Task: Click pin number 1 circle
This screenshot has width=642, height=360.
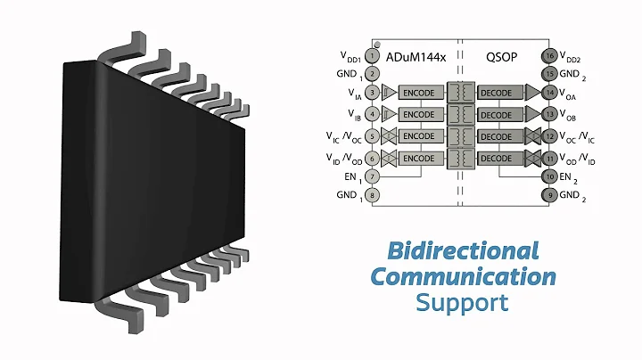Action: coord(373,56)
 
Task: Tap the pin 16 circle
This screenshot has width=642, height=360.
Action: coord(551,56)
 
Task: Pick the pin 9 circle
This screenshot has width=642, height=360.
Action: coord(551,196)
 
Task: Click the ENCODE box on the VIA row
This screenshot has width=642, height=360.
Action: coord(418,93)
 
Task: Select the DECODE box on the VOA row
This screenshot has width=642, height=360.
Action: coord(500,93)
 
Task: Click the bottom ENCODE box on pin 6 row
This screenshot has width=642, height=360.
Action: coord(418,158)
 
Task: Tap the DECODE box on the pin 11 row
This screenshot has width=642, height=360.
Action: coord(500,158)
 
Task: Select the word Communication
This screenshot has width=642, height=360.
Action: coord(463,277)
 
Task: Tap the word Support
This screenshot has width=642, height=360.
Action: coord(463,303)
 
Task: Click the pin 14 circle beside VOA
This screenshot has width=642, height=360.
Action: coord(551,93)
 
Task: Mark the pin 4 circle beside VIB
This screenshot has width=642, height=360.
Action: coord(373,114)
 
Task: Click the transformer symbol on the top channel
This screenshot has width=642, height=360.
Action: coord(461,93)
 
